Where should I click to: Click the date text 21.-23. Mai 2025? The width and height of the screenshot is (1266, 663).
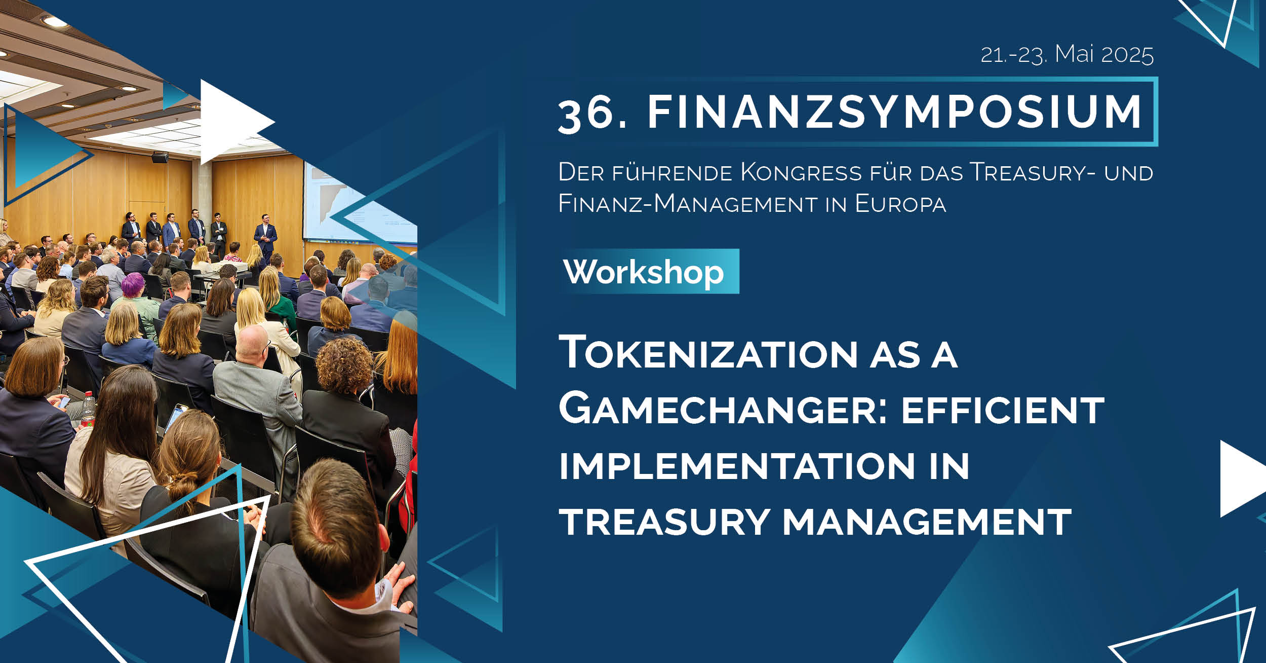click(1067, 55)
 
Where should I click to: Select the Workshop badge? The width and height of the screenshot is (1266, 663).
click(649, 272)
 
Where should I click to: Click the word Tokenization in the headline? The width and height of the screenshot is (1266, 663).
click(708, 352)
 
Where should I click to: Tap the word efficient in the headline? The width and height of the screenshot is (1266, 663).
click(1002, 411)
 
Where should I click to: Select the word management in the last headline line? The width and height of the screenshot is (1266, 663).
click(927, 522)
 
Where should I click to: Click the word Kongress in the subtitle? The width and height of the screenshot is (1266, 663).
click(801, 172)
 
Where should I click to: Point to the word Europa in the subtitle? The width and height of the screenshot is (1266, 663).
click(900, 204)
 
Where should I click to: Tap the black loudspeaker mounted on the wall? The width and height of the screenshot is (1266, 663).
click(160, 157)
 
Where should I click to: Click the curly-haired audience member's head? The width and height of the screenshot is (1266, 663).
click(344, 365)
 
